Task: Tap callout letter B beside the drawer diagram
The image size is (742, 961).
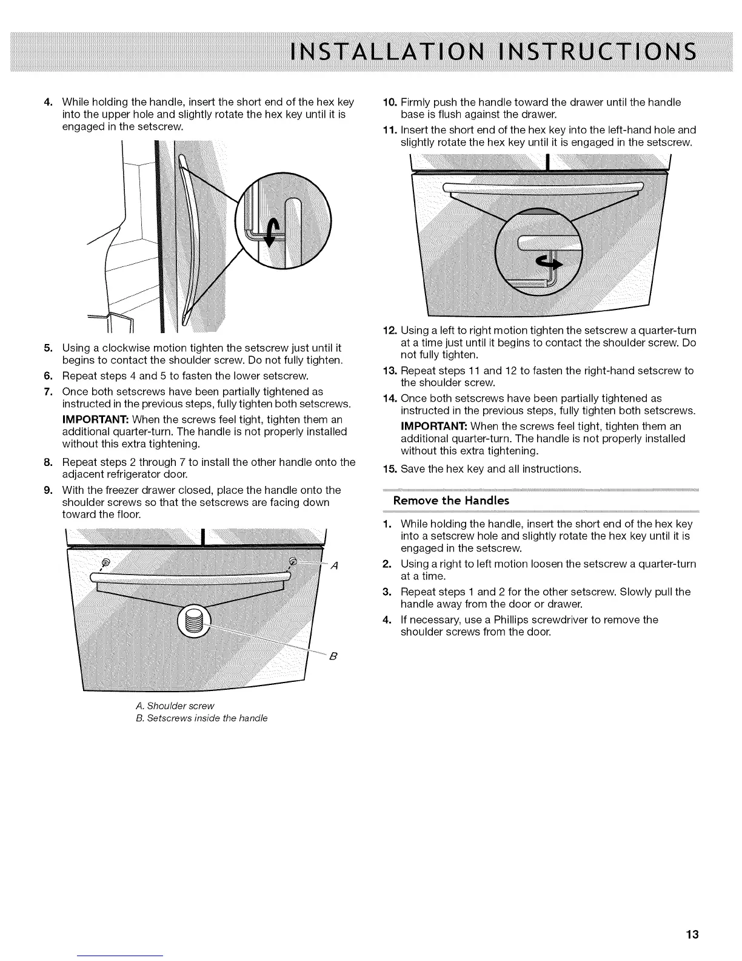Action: point(333,656)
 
